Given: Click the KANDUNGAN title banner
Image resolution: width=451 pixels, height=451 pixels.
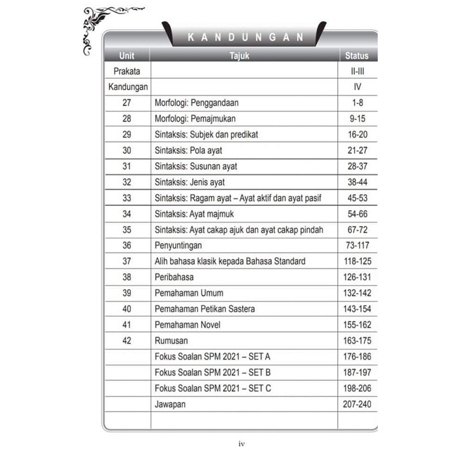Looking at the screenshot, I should (245, 38).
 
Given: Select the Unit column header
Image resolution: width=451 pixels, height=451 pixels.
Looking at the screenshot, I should (127, 55).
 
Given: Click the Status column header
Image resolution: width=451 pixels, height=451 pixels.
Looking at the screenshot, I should (357, 55).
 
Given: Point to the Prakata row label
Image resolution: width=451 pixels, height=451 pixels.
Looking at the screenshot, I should (127, 72).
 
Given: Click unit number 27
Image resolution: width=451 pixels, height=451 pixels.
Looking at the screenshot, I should (126, 103).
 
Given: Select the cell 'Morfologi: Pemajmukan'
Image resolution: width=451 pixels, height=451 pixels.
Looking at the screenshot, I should (195, 119).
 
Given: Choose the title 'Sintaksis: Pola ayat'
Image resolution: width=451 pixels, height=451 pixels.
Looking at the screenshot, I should (187, 151).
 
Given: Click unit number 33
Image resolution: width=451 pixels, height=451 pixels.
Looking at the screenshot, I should (126, 198).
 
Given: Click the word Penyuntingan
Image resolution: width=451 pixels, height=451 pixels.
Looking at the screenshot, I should (178, 246).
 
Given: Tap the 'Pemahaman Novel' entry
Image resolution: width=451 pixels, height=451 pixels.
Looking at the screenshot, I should (187, 325).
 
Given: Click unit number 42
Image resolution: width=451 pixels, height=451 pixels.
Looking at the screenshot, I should (126, 341).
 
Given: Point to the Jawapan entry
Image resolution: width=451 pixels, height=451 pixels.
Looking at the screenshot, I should (171, 404).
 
